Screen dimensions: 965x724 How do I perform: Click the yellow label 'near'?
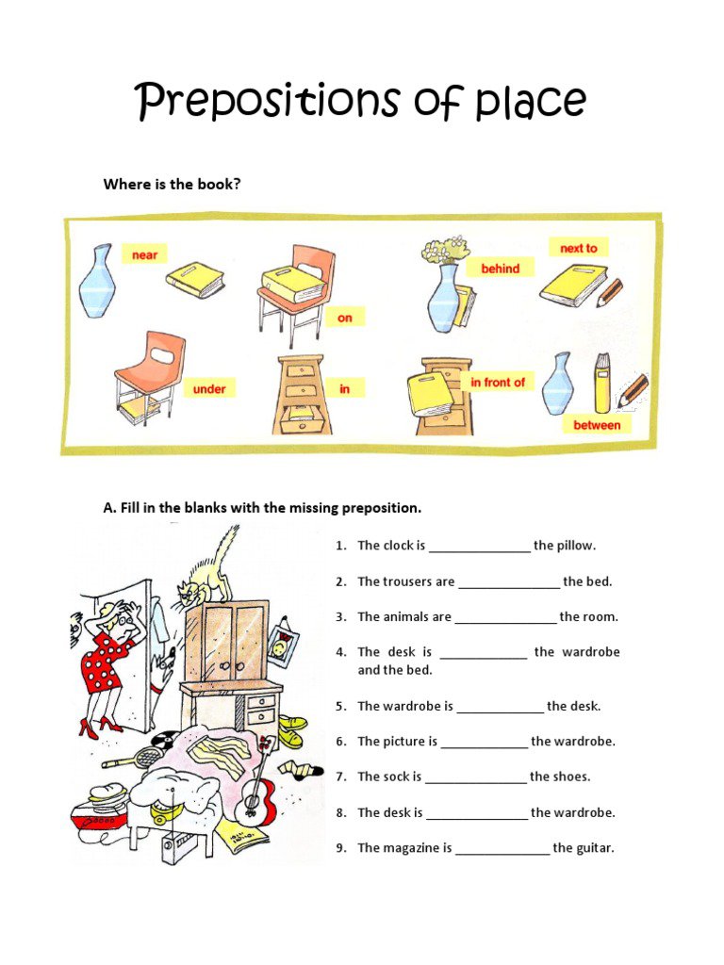[x=144, y=254]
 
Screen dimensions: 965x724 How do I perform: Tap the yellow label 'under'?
[x=209, y=388]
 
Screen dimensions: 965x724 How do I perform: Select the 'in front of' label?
[x=498, y=382]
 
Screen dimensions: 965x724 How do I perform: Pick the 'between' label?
[x=597, y=425]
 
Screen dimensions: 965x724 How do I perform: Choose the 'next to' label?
[x=578, y=248]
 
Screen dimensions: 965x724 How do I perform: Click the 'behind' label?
[x=500, y=269]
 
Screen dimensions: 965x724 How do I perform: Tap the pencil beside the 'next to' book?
[x=610, y=292]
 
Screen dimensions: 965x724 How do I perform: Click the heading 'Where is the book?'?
[x=172, y=184]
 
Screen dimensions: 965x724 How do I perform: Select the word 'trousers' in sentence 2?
[x=407, y=581]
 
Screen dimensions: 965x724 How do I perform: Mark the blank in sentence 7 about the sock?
[x=475, y=777]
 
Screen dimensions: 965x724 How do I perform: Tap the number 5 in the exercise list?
[x=340, y=706]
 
